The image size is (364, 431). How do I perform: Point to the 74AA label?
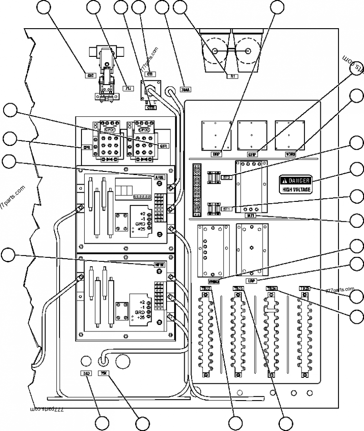coord(185,89)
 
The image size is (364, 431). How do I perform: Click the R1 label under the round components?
coord(232,76)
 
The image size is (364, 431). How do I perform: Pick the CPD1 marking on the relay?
coord(110,130)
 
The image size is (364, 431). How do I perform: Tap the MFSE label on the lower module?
coord(159,264)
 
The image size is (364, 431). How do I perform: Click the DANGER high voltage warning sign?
coord(295,184)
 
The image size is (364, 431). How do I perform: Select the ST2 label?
coord(227,177)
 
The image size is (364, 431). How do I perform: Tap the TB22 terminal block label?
coord(206,288)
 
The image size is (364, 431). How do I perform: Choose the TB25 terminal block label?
coord(304,288)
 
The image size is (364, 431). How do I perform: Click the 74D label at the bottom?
coord(86,373)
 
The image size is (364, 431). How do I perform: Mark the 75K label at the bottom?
coord(104,373)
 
